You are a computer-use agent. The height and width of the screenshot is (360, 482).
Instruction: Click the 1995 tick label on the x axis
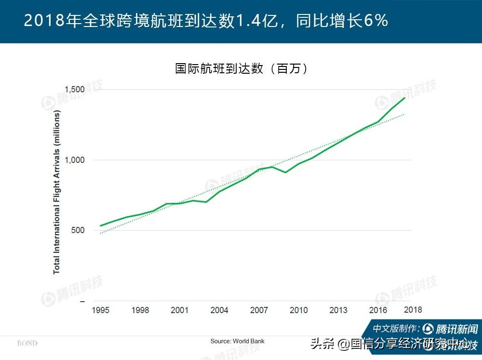(101, 310)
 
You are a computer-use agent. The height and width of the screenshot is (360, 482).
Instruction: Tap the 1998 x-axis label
(140, 310)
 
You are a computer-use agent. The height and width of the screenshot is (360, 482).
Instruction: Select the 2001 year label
(180, 310)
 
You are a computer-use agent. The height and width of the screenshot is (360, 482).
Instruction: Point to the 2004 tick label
(219, 310)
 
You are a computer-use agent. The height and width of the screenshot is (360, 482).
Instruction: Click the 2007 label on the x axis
(259, 310)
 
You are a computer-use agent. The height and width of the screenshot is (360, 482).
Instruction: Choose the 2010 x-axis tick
(298, 310)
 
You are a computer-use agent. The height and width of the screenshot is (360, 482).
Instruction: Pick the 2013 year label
(338, 310)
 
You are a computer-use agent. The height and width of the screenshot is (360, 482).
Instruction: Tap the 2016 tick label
(378, 310)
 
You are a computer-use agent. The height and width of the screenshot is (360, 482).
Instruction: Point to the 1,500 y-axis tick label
(75, 90)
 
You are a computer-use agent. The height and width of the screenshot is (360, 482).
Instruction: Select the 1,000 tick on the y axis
(75, 160)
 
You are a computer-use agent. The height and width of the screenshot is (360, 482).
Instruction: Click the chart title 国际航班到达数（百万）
(241, 68)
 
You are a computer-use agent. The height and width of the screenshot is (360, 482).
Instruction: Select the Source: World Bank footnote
(237, 341)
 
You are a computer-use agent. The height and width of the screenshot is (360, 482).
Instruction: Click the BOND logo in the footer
(27, 343)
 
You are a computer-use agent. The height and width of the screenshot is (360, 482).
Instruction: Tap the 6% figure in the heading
(377, 21)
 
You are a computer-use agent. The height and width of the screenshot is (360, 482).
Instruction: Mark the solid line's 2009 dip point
(285, 172)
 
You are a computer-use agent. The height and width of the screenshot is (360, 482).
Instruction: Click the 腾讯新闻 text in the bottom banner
(456, 329)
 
